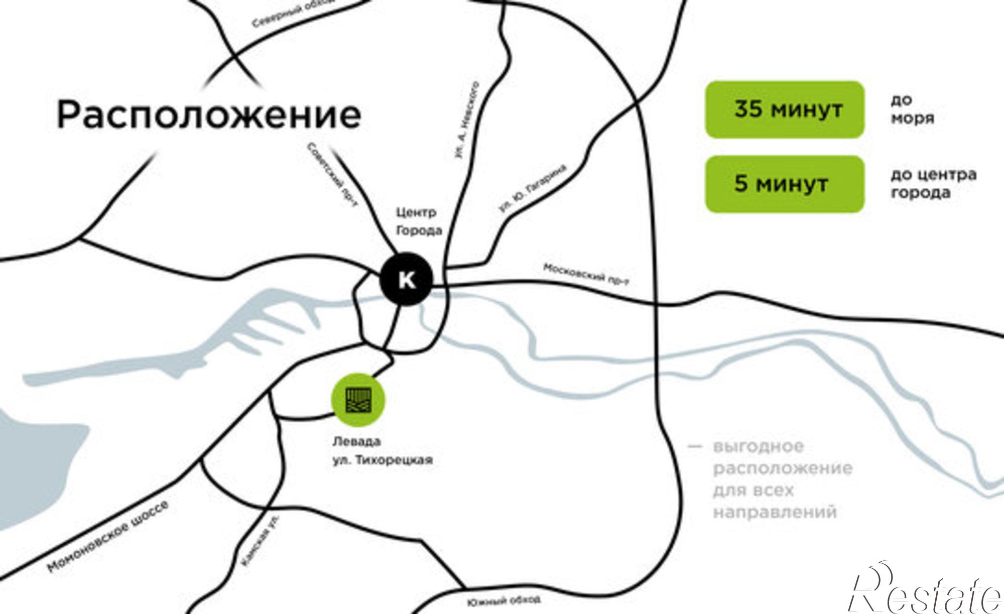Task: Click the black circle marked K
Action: coord(406,279)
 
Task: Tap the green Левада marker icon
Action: coord(358,400)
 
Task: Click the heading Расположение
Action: coord(209,115)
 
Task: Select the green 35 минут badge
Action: coord(784,109)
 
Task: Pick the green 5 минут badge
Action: coord(784,184)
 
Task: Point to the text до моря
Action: coord(912,109)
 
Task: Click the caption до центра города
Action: coord(933,184)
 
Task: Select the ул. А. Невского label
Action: coord(467,121)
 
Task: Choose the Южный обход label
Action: coord(504,601)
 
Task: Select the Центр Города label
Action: coord(419,221)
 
